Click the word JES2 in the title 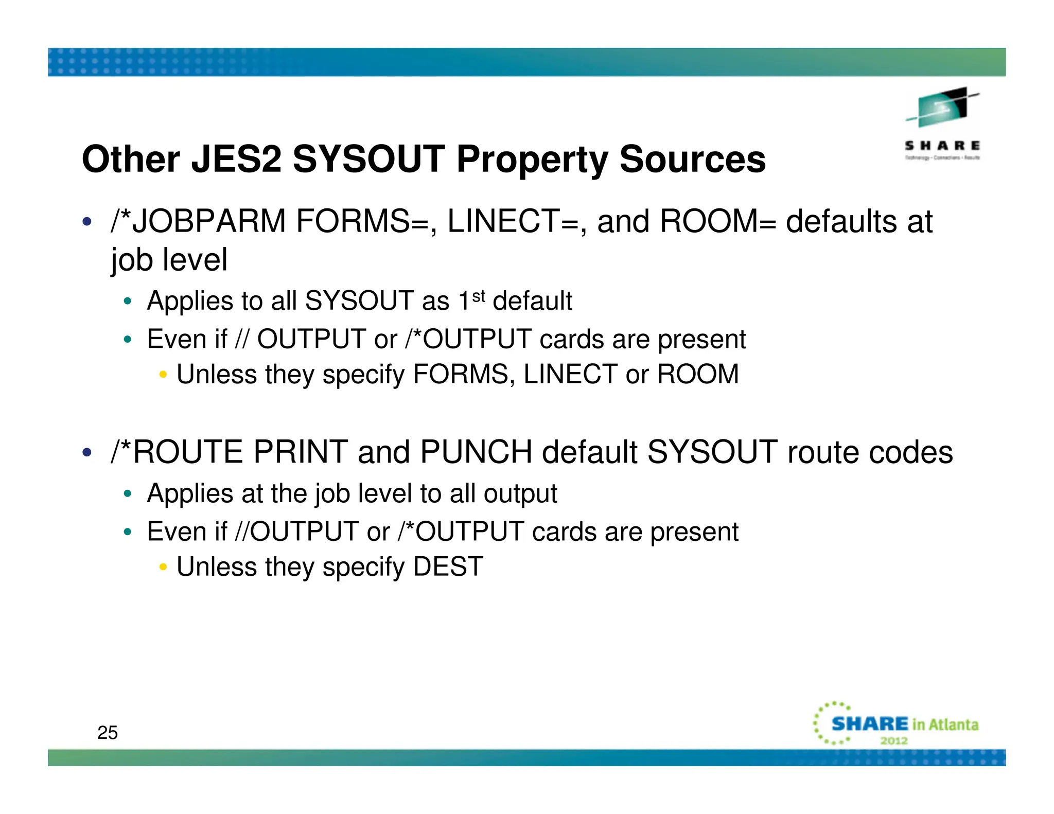point(236,159)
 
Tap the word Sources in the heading point(692,159)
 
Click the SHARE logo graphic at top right point(942,123)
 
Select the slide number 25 point(108,732)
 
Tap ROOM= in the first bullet point(717,221)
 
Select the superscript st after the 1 point(479,296)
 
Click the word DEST point(448,567)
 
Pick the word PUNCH point(476,452)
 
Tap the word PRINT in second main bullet point(301,452)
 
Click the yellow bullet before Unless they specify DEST point(163,567)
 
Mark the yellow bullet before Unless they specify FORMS point(163,375)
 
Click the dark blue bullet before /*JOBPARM point(87,222)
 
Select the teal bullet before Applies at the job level point(128,494)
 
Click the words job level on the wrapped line point(169,259)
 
